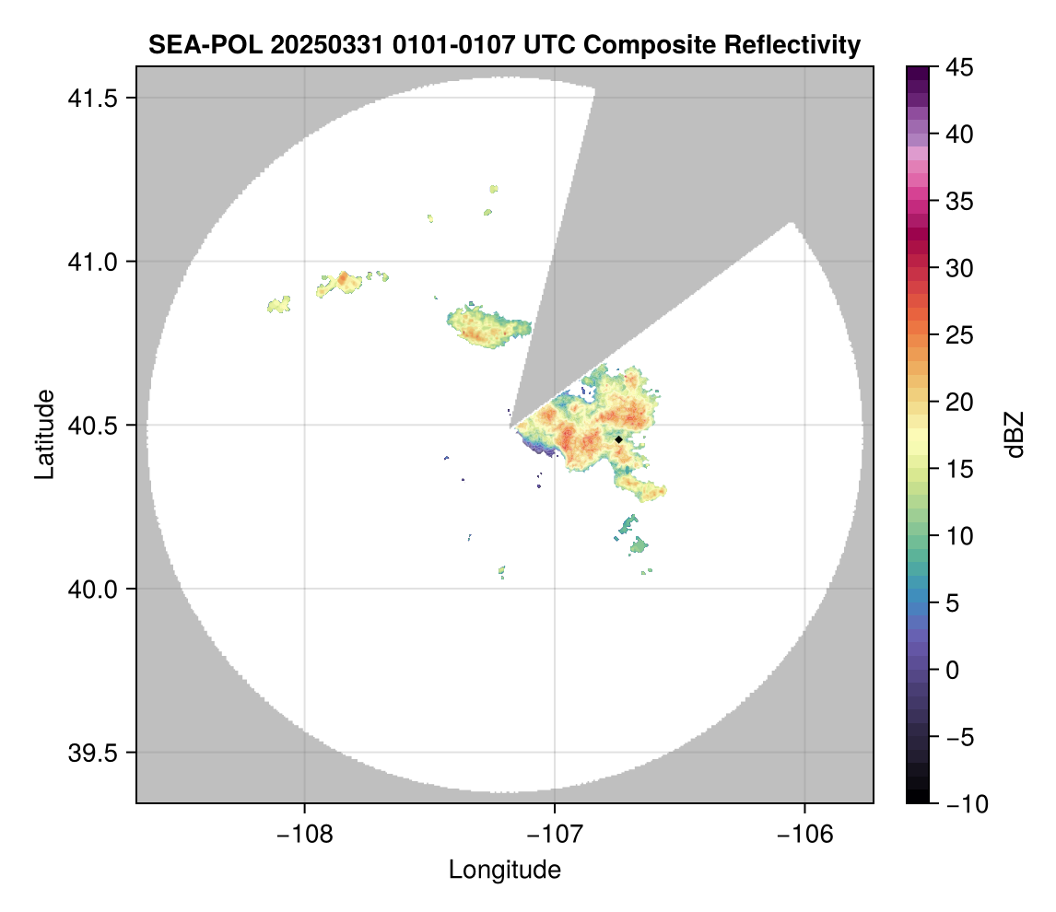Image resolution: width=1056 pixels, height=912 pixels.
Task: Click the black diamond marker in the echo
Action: click(618, 440)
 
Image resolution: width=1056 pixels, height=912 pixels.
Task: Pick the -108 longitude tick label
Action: click(304, 834)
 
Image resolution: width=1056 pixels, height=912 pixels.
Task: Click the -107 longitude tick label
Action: click(555, 834)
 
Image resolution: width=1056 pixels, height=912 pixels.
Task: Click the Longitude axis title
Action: click(505, 869)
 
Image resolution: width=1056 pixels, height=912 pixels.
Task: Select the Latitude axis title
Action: click(43, 434)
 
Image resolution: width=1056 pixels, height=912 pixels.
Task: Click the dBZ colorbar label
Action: click(1015, 434)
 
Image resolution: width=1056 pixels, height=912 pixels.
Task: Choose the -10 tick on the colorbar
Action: click(960, 804)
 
